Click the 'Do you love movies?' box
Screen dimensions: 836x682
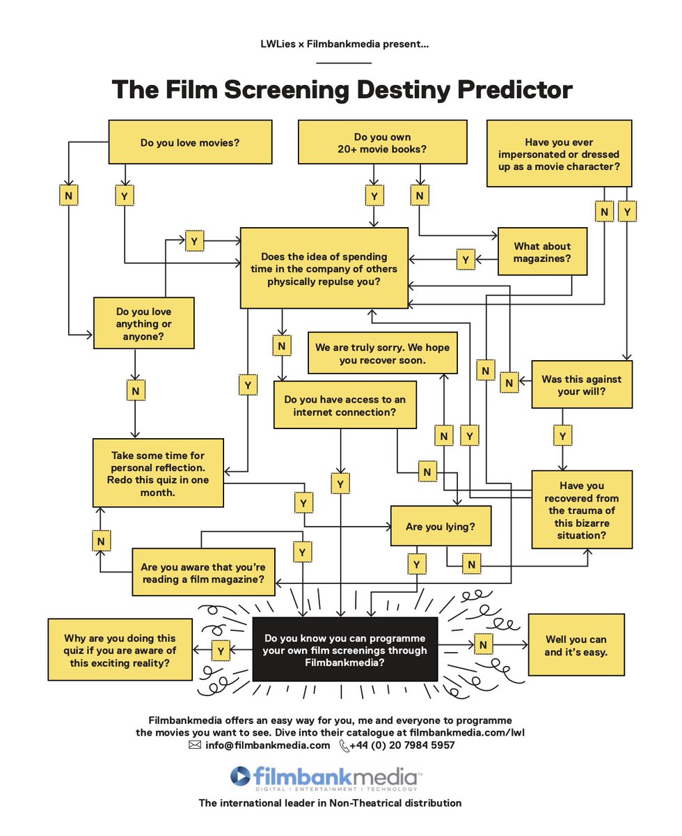(189, 143)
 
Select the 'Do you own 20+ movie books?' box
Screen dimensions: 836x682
(382, 143)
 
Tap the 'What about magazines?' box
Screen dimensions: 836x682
(542, 252)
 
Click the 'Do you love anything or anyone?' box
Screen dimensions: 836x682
(144, 323)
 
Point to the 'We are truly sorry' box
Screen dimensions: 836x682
(382, 353)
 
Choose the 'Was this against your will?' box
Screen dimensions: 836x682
(582, 385)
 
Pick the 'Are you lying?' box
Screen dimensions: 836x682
(441, 527)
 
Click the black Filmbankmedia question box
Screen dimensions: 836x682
(344, 650)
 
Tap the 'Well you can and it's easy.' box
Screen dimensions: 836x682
(576, 646)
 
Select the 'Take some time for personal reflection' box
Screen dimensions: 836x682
(158, 473)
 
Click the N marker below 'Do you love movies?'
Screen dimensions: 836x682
(68, 196)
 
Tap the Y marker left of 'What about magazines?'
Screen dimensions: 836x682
(466, 260)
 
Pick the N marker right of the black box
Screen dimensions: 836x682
(483, 645)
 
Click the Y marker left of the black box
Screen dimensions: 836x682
(221, 651)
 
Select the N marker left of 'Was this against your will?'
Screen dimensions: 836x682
(510, 382)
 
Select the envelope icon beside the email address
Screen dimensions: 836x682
(195, 745)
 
